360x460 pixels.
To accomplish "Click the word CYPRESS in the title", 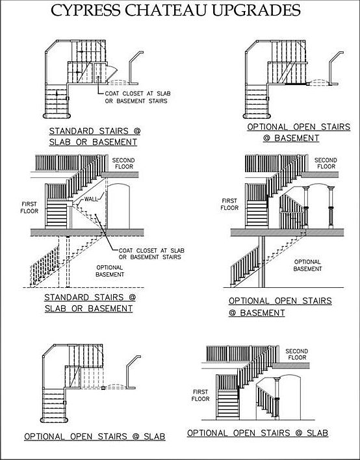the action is pyautogui.click(x=86, y=10).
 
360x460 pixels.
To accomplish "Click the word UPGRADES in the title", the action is pyautogui.click(x=255, y=10).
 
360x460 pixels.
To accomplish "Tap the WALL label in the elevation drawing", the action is pyautogui.click(x=91, y=199).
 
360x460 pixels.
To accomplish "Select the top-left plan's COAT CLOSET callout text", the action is pyautogui.click(x=138, y=97).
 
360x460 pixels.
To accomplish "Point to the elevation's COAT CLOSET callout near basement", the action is pyautogui.click(x=151, y=254).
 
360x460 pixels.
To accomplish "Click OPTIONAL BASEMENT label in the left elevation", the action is pyautogui.click(x=110, y=271).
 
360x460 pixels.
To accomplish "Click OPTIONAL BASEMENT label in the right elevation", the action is pyautogui.click(x=307, y=265).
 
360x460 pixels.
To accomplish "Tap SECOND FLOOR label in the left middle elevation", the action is pyautogui.click(x=123, y=164).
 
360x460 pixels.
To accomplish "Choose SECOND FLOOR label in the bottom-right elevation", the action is pyautogui.click(x=296, y=354).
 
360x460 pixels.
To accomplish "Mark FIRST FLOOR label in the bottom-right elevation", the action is pyautogui.click(x=201, y=395).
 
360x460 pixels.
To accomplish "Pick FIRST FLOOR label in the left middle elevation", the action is pyautogui.click(x=29, y=207).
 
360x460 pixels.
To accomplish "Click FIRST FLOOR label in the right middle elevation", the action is pyautogui.click(x=230, y=204).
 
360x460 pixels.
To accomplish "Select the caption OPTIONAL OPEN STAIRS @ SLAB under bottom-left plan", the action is pyautogui.click(x=95, y=437).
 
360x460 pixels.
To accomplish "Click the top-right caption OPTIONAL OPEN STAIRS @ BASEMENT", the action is pyautogui.click(x=299, y=133).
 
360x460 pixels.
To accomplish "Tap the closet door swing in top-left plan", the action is pyautogui.click(x=112, y=71).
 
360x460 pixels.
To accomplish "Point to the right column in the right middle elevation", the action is pyautogui.click(x=331, y=207).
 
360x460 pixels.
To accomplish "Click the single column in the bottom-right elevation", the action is pyautogui.click(x=276, y=397).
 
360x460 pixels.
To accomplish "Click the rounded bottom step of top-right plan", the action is pyautogui.click(x=256, y=116).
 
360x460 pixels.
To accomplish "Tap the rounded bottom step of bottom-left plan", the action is pyautogui.click(x=55, y=420).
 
